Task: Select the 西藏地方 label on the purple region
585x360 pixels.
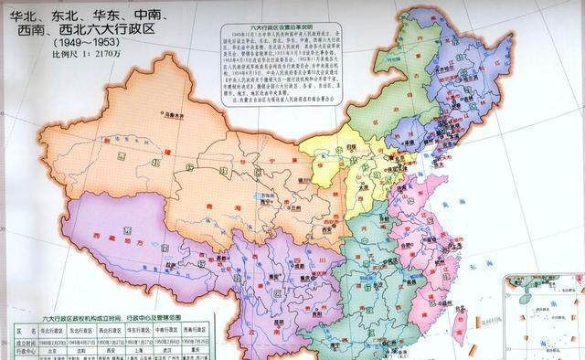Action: pyautogui.click(x=119, y=235)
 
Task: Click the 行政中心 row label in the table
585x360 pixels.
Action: pyautogui.click(x=23, y=348)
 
